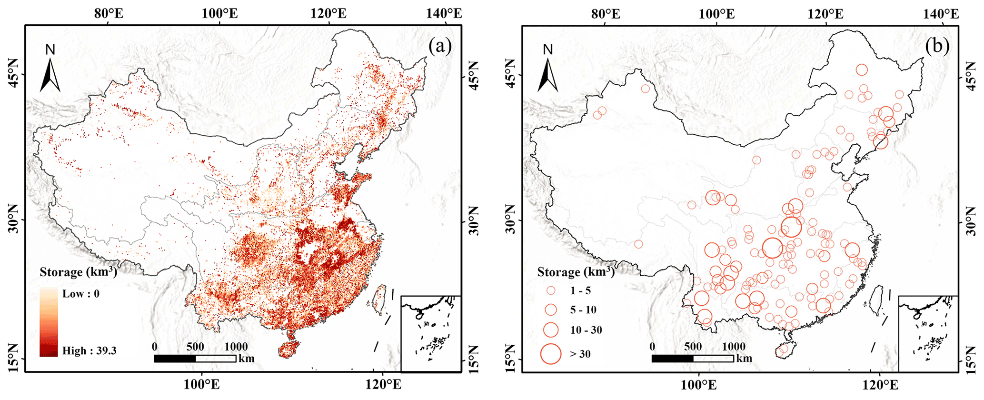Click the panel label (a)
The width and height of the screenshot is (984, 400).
point(439,47)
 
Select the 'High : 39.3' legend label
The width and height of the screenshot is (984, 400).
point(89,351)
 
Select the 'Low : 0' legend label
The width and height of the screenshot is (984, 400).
point(81,294)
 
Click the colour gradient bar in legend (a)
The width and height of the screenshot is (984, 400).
point(49,322)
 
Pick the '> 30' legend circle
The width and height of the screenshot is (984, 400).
point(551,354)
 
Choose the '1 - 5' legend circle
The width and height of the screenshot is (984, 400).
point(551,290)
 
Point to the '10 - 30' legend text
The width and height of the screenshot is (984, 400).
point(586,330)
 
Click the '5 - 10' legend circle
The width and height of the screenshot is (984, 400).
point(551,310)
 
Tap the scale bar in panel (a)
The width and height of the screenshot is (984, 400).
point(195,359)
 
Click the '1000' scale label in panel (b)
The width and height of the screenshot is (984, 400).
point(734,347)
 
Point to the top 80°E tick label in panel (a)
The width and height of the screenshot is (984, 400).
point(109,13)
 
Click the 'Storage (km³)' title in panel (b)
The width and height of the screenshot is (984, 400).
point(576,272)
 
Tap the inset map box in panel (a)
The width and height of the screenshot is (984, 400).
point(431,333)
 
